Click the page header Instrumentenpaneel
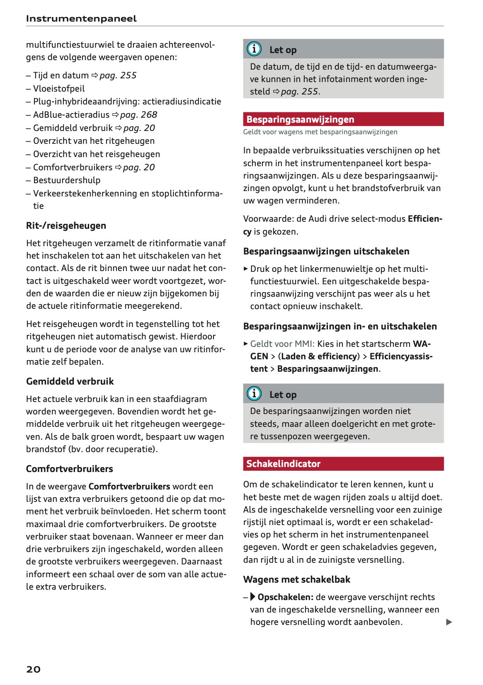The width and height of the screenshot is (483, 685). pos(81,19)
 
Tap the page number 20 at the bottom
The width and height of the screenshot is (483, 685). pos(34,669)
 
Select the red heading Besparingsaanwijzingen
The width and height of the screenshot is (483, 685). pos(300,119)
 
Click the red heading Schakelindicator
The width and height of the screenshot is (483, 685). pos(283,464)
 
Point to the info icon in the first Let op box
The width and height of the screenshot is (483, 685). pos(254,49)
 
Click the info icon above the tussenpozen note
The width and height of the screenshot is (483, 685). pos(254,393)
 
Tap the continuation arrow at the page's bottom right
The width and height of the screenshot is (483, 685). pos(449,622)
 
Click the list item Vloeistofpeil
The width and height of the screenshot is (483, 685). pos(59,89)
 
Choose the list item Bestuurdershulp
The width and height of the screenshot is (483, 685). pos(67,180)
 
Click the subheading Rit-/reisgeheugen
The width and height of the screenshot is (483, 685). pos(66,226)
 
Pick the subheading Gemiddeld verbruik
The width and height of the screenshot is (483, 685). pos(70,382)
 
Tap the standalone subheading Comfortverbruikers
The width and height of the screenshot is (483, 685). pos(69,469)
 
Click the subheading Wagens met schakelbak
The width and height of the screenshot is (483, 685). pos(296,580)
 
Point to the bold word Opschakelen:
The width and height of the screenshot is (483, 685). pos(285,597)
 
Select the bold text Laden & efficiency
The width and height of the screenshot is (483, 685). pos(319,356)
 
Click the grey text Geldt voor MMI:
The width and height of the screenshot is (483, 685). pos(282,344)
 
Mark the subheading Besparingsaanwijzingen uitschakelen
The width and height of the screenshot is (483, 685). pos(326,252)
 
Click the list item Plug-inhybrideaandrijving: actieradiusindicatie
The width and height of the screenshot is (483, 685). pos(127,102)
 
